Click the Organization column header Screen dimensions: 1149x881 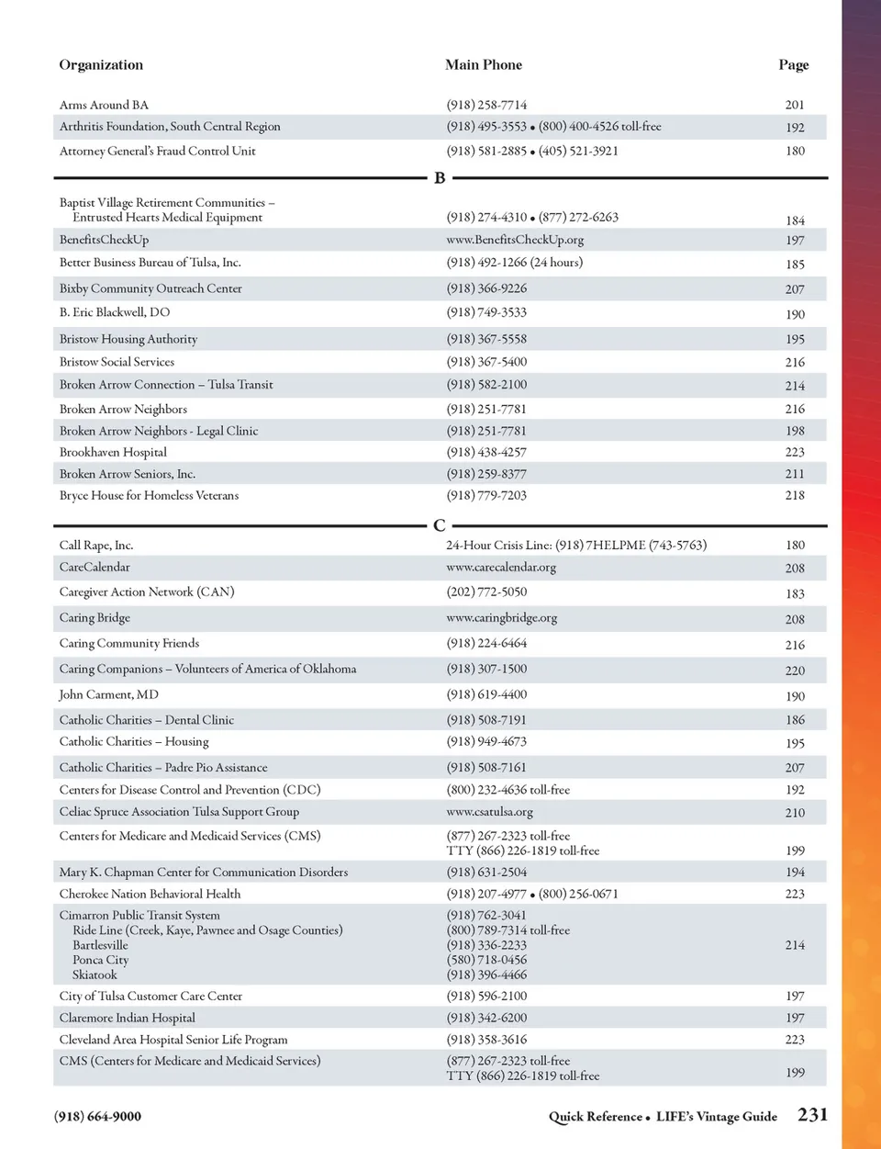tap(101, 65)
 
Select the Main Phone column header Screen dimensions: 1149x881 tap(484, 65)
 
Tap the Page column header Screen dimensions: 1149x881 tap(793, 65)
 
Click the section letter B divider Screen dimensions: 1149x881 tap(440, 178)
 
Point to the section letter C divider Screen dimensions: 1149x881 tap(440, 526)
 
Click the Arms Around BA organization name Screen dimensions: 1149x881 tap(104, 106)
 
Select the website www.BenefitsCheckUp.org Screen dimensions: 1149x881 tap(515, 240)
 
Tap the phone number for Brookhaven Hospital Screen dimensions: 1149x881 tap(486, 453)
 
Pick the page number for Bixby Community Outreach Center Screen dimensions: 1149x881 tap(795, 289)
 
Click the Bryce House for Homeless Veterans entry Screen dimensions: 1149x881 tap(149, 496)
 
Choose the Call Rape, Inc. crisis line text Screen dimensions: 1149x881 tap(575, 546)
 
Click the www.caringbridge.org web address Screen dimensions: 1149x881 tap(501, 618)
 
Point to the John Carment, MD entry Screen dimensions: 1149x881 tap(108, 695)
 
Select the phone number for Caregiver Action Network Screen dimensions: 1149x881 tap(486, 592)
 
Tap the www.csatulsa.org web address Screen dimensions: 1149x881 tap(489, 813)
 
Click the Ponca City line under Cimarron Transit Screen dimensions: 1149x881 tap(100, 960)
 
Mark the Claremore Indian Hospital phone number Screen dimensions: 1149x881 tap(486, 1019)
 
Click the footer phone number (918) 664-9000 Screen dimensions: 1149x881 tap(97, 1117)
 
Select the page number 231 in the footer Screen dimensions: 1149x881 tap(812, 1115)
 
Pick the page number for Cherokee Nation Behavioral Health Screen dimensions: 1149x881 tap(795, 895)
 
